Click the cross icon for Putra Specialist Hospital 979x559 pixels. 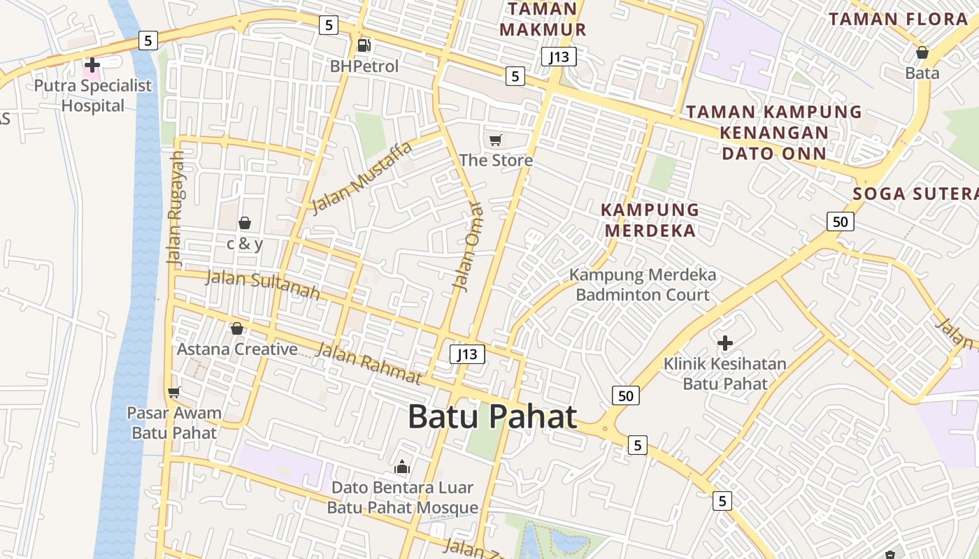click(92, 65)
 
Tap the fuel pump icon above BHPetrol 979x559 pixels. click(364, 45)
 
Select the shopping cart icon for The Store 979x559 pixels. click(496, 140)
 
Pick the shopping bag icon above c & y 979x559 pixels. click(245, 223)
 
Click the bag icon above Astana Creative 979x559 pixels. click(237, 328)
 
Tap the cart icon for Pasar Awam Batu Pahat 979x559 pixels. click(174, 392)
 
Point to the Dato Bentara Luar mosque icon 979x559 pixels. click(402, 467)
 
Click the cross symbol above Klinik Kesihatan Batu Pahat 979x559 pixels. click(725, 343)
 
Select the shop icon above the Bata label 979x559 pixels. click(922, 52)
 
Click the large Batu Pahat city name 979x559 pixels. click(492, 417)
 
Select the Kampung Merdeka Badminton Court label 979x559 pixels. click(643, 284)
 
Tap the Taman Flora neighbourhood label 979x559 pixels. click(899, 19)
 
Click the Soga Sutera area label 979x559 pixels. click(915, 194)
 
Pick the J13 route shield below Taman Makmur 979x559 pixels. click(558, 57)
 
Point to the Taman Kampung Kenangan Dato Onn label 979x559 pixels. click(774, 132)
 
